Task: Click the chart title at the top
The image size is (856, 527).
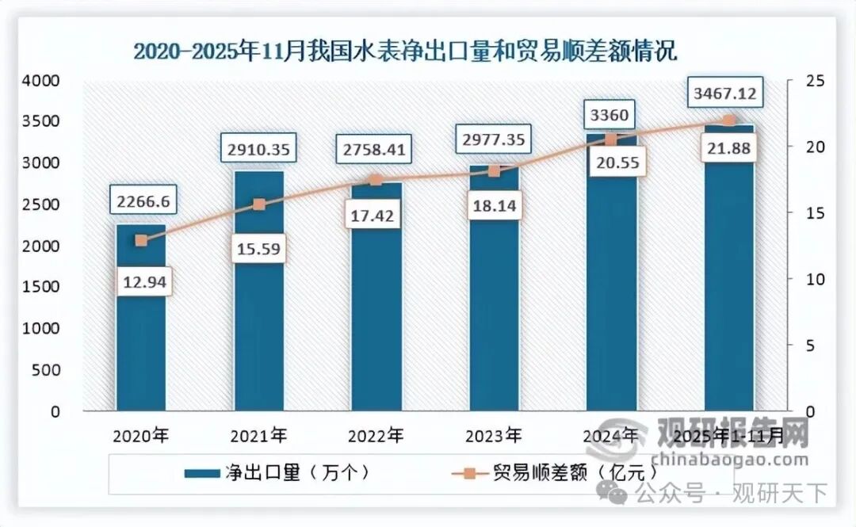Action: pos(405,52)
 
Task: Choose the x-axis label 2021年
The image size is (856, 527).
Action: pos(258,435)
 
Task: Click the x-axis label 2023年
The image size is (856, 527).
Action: pos(494,435)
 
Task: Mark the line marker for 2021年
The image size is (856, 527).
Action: pos(258,204)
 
